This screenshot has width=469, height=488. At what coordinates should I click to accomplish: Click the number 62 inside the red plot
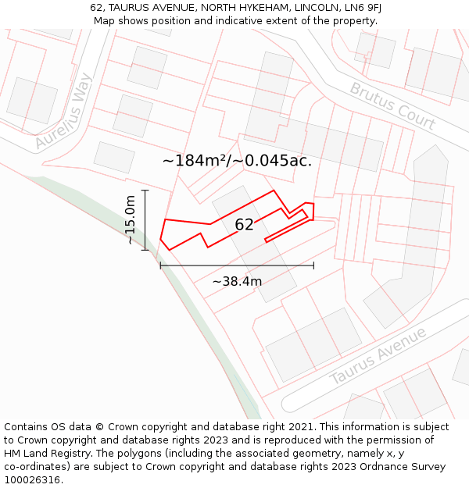pos(245,225)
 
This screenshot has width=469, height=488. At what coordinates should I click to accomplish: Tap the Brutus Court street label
pos(392,106)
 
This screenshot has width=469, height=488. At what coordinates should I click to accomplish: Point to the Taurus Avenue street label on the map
pos(378,356)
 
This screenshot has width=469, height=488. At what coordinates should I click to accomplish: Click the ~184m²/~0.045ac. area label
pos(237,161)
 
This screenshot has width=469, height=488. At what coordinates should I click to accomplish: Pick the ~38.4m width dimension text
pos(237,281)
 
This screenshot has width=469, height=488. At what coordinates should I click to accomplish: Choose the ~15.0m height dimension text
pos(131,220)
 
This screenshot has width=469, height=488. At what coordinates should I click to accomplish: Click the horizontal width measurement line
pos(237,265)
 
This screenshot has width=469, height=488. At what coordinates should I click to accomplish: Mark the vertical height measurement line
pos(145,219)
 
